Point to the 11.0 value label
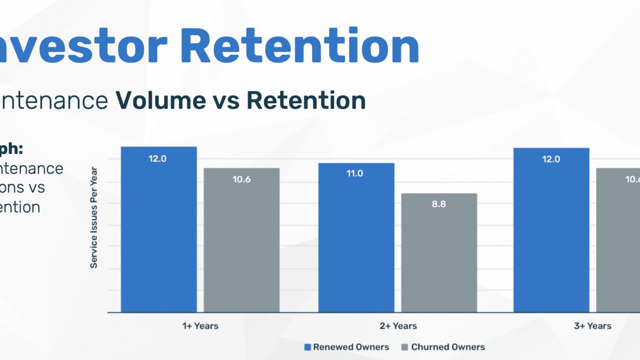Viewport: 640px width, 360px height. [x=355, y=173]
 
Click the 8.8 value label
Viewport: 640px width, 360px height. [x=439, y=204]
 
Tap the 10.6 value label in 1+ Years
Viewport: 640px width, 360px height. [x=241, y=179]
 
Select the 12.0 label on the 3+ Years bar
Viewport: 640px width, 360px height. [x=551, y=159]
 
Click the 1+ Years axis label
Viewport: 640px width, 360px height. [x=200, y=326]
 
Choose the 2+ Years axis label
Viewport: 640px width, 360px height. [x=398, y=326]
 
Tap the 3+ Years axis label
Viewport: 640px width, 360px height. [x=593, y=326]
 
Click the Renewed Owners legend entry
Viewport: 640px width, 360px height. [x=351, y=347]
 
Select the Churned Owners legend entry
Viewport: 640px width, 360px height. [x=448, y=347]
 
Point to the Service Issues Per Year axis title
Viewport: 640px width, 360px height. [x=94, y=217]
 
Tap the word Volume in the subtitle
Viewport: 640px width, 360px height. [x=161, y=100]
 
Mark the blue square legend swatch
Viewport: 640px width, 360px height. [x=308, y=347]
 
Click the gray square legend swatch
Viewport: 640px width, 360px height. [x=405, y=347]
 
